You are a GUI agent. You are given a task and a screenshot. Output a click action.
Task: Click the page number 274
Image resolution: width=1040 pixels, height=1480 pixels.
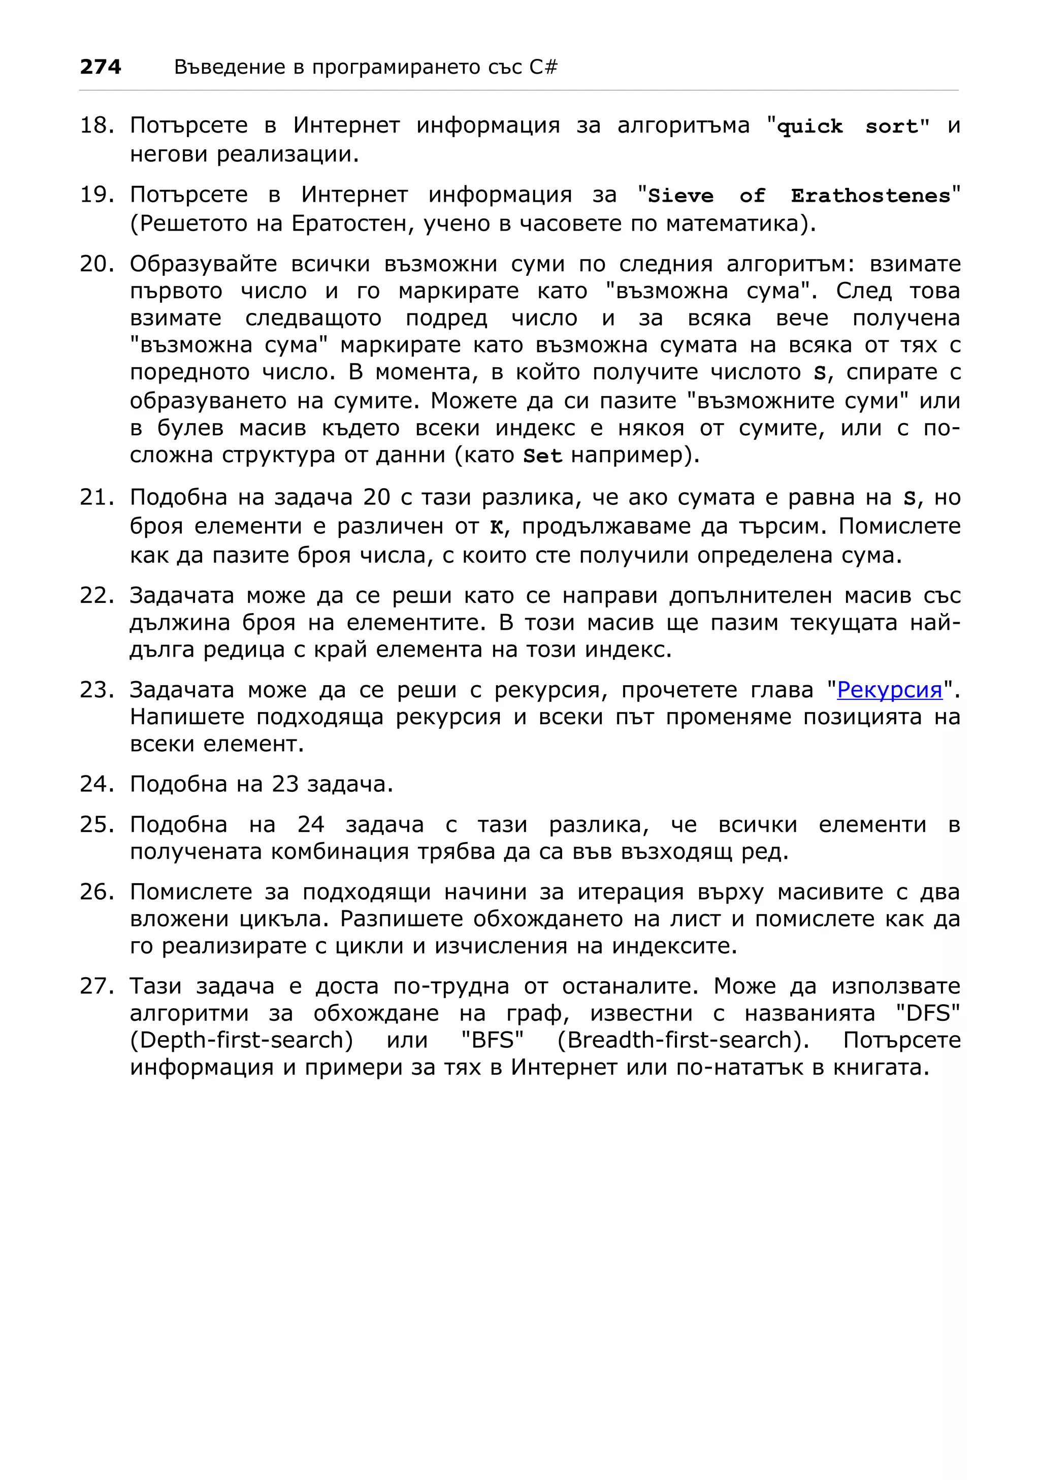coord(101,67)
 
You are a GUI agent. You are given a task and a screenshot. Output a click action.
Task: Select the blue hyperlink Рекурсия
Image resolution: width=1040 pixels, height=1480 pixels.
coord(889,690)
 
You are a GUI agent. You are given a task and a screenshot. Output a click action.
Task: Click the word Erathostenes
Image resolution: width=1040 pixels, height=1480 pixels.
coord(870,196)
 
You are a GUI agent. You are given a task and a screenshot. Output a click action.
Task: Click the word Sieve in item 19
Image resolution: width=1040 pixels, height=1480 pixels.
coord(680,196)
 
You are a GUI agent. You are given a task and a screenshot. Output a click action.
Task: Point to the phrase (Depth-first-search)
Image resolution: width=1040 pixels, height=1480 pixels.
coord(242,1040)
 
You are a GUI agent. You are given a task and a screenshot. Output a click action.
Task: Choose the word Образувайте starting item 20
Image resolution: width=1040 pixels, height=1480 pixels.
coord(203,264)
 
